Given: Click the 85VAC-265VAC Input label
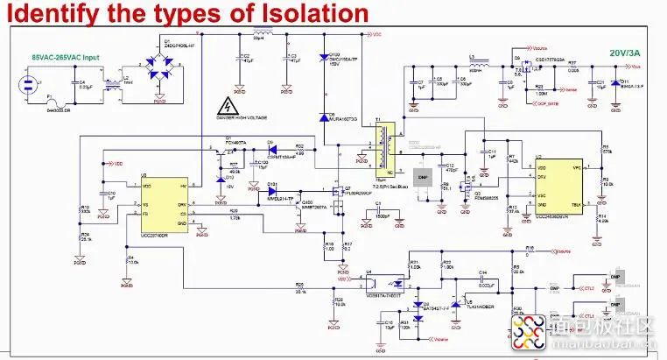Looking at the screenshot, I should click(65, 58).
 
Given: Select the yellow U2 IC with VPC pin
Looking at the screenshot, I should click(558, 183).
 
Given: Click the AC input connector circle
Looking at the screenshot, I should click(27, 85).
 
